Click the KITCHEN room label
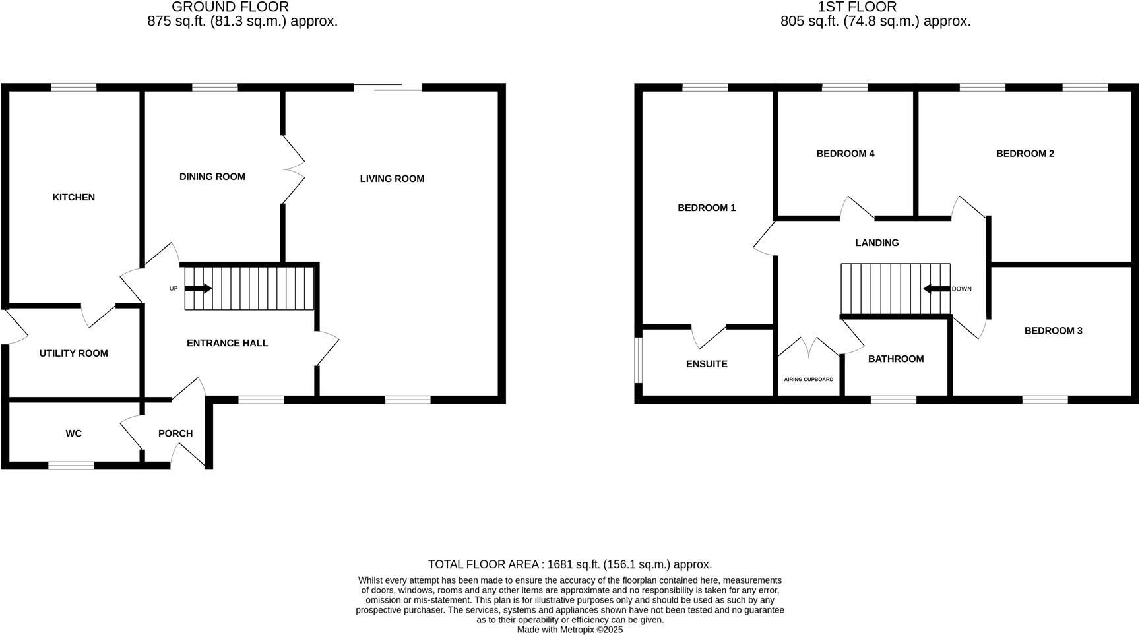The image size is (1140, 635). pos(74,197)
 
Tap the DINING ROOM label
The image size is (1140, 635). pos(212,177)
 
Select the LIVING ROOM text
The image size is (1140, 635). pos(392,179)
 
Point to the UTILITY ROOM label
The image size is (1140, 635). pos(73,353)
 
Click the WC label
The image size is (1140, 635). pos(73,433)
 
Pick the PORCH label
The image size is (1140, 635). pos(175,433)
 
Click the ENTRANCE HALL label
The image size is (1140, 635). pos(227,343)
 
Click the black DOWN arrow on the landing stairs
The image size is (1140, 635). pos(935,289)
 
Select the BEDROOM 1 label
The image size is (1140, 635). pos(707,208)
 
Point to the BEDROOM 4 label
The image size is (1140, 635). pos(845,154)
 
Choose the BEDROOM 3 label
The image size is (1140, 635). pos(1053,330)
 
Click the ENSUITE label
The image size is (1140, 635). pos(707,364)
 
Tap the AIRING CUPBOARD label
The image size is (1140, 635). pos(808,380)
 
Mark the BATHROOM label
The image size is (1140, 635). pos(895,359)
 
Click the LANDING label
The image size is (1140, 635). pos(877,243)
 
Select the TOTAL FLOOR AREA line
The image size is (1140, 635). pos(570,564)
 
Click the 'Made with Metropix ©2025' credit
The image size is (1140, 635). pos(570,630)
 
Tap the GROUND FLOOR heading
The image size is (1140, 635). pos(230,7)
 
